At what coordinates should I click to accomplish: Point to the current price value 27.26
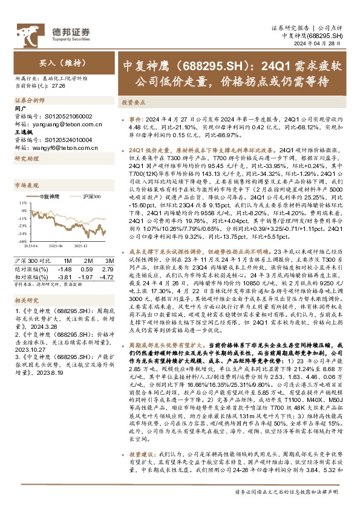coord(59,86)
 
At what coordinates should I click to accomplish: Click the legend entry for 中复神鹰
coord(50,180)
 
